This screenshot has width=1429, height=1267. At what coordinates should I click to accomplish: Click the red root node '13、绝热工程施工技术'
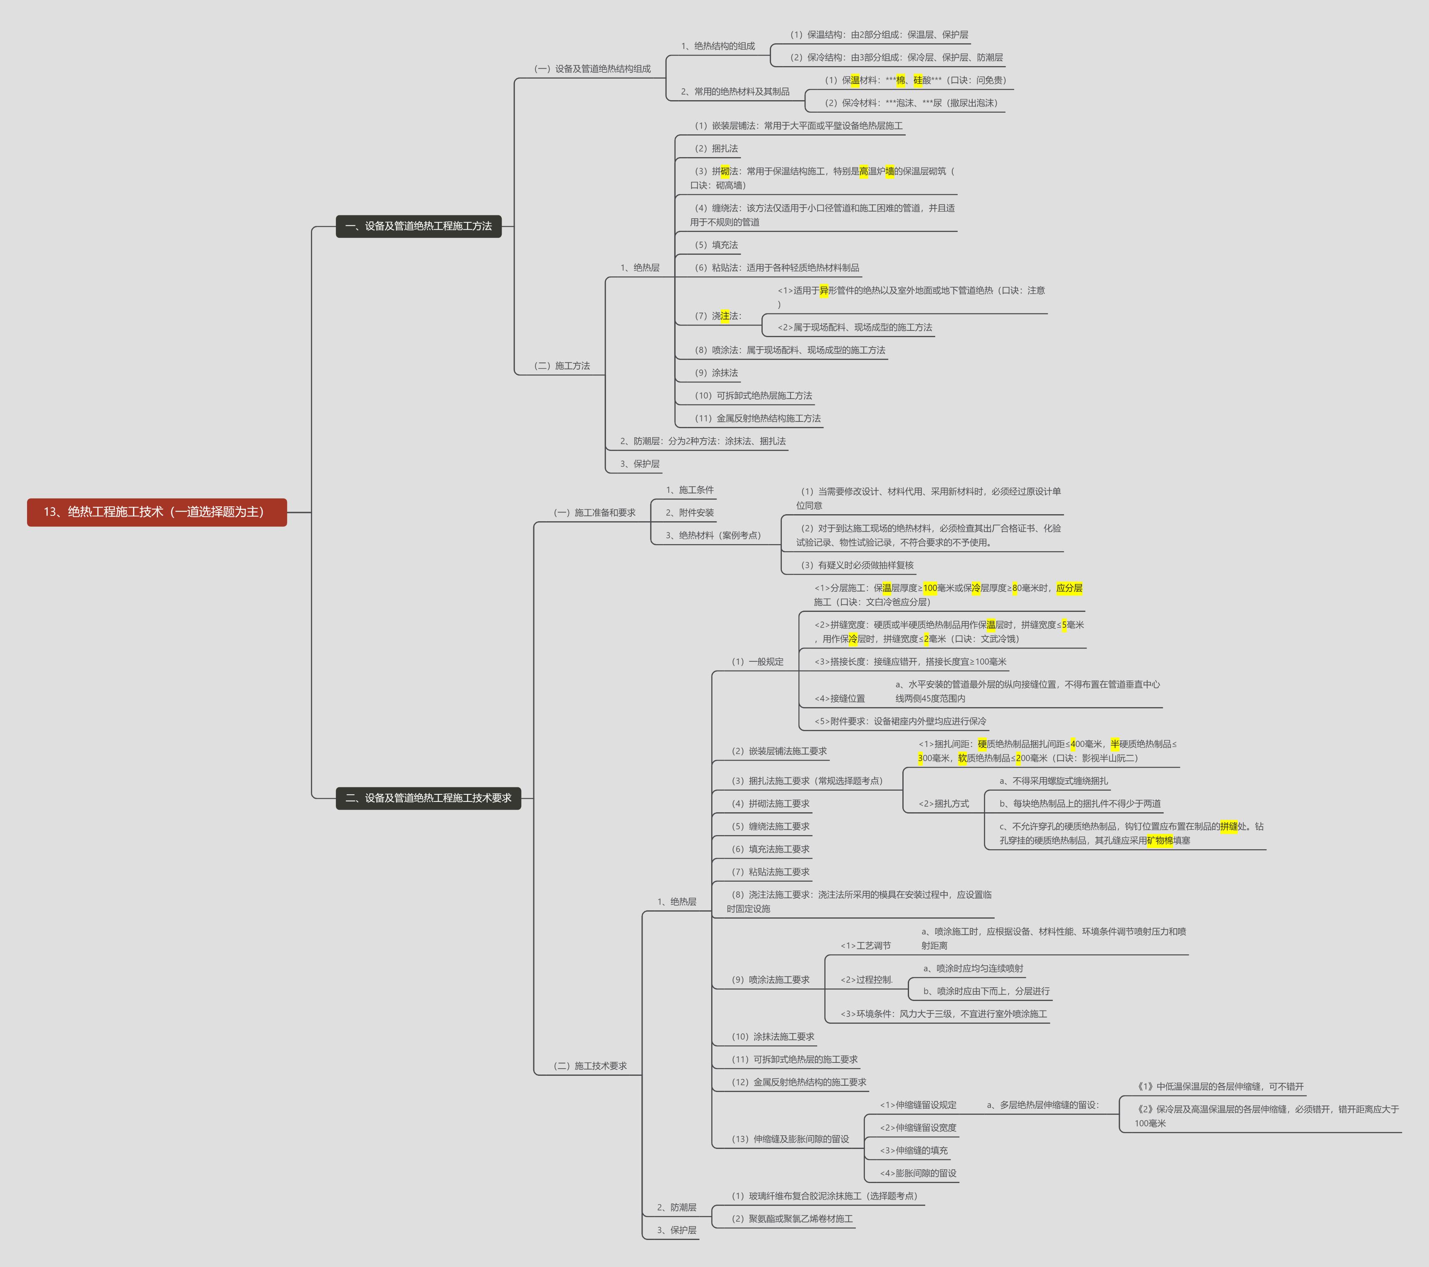tap(157, 512)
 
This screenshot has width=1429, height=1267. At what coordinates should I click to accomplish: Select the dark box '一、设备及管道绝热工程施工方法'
tap(418, 226)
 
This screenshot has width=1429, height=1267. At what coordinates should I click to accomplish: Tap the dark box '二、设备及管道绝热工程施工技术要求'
tap(428, 798)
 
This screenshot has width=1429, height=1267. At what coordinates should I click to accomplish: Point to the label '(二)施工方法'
tap(562, 366)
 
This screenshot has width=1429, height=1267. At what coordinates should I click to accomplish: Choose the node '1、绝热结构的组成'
tap(717, 46)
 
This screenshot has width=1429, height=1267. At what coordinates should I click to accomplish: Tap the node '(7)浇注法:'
tap(717, 316)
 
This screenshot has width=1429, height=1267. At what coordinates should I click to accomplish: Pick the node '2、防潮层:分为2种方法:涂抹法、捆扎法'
tap(702, 441)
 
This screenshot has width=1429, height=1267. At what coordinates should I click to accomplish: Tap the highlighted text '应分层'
tap(1069, 588)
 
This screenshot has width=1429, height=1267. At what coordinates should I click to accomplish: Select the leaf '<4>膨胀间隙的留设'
tap(917, 1173)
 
